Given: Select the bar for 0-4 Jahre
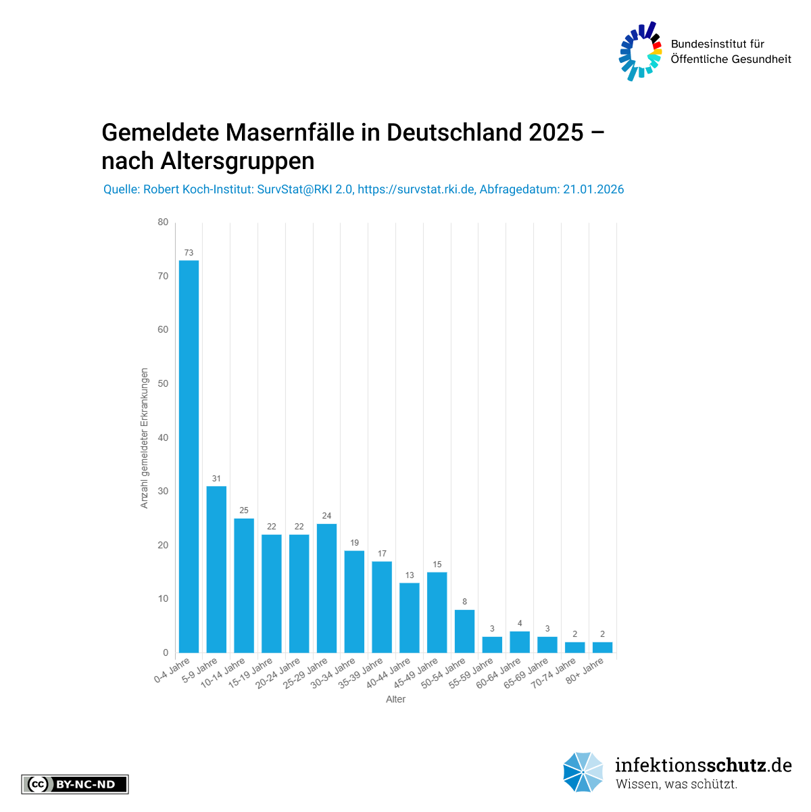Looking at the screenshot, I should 189,456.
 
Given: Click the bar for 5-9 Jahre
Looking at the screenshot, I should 216,569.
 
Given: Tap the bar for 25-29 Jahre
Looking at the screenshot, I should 326,588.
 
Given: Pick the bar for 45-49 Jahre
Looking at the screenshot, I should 437,613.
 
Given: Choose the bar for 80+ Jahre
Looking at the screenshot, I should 602,647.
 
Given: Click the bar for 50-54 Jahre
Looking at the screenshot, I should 464,631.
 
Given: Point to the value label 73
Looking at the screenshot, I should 189,253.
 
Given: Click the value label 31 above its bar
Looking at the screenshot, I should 216,479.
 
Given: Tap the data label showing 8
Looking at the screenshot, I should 464,602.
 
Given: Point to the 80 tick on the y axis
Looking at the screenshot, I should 163,222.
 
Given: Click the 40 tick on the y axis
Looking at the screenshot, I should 163,437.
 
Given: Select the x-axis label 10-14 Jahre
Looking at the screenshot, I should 218,673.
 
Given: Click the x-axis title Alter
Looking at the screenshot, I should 395,699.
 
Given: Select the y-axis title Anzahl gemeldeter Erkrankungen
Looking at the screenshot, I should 144,438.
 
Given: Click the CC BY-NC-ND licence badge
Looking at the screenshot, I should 75,784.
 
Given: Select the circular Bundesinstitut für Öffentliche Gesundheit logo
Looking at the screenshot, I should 640,51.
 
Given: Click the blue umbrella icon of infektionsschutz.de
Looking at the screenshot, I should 583,772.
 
